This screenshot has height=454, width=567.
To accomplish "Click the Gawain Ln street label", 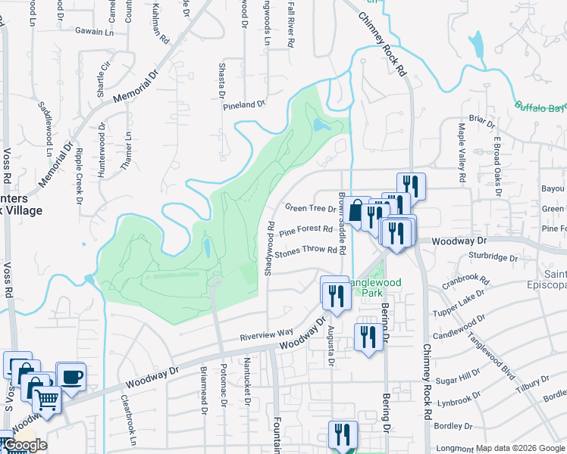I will (x=94, y=32).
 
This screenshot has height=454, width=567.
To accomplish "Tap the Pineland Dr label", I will (x=244, y=106).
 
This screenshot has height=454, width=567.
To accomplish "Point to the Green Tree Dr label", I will (x=310, y=208).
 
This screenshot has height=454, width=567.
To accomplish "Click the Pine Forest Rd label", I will (x=305, y=229).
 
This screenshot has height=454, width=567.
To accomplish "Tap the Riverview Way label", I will (x=266, y=333).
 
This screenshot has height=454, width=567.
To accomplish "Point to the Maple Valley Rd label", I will (x=461, y=154).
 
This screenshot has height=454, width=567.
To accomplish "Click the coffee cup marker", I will (x=71, y=376).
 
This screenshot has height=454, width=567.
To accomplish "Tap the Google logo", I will (x=24, y=445).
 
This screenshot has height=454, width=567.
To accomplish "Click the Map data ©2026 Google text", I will (x=520, y=448).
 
